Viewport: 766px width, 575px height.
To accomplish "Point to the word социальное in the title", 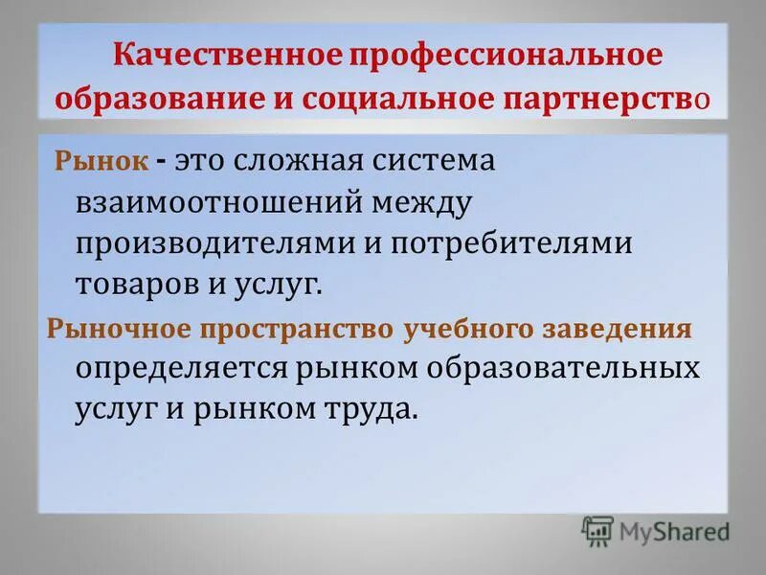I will pos(382,98).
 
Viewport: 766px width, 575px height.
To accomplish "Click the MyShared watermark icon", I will pos(597,531).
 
